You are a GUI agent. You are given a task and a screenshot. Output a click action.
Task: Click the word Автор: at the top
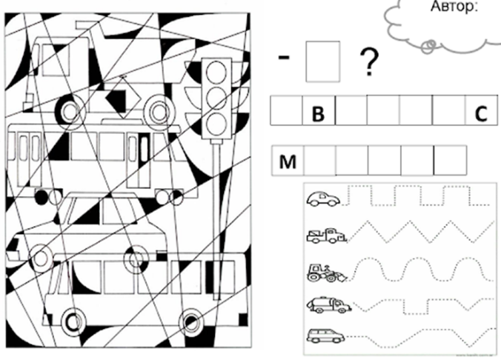[454, 7]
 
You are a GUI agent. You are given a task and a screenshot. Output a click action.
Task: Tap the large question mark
[369, 62]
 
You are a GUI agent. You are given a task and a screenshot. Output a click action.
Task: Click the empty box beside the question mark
[322, 61]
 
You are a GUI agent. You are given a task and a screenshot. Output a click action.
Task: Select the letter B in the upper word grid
[318, 113]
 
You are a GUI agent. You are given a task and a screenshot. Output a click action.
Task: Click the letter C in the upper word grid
[481, 113]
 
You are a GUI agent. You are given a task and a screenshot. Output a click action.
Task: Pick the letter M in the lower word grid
[288, 161]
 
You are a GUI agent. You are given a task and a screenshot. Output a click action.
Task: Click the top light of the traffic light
[216, 72]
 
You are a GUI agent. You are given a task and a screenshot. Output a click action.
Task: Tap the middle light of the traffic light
[216, 97]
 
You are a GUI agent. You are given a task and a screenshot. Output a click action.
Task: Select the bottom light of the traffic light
[216, 122]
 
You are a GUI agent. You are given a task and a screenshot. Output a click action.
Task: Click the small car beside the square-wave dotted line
[323, 198]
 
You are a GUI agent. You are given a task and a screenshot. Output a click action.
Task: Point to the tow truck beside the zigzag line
[327, 236]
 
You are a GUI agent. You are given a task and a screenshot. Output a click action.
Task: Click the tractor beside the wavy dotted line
[327, 273]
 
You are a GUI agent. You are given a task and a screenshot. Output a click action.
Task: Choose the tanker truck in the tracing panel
[329, 305]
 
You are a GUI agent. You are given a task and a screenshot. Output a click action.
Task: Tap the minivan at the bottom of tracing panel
[325, 336]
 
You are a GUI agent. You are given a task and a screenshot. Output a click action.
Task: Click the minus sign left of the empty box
[284, 57]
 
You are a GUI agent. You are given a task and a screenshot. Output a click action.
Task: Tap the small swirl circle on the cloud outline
[429, 47]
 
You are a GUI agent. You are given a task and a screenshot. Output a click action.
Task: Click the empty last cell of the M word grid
[450, 161]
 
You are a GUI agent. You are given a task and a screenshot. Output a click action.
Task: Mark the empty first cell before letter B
[286, 110]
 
